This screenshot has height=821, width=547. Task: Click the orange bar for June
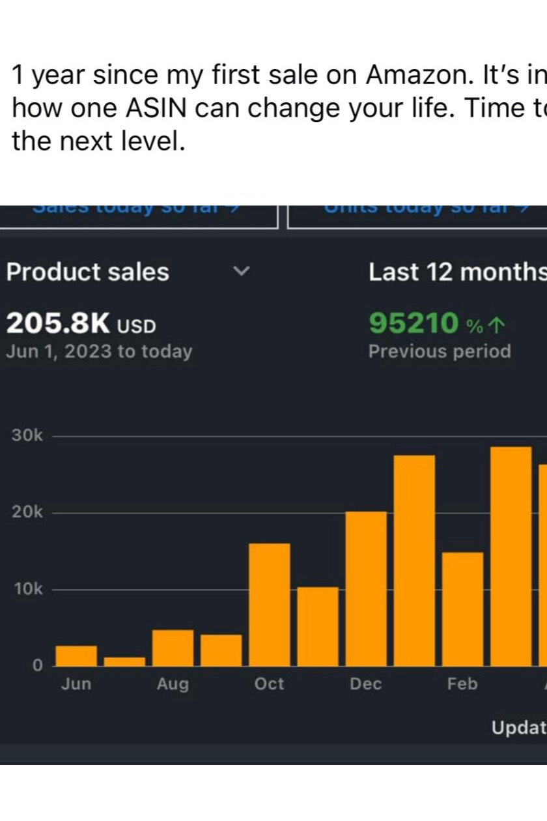point(76,656)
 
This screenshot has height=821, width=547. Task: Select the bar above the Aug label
point(173,648)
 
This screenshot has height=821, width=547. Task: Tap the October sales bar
point(270,605)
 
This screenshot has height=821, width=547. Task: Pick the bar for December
point(366,589)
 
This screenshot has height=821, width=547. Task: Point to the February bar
point(462,609)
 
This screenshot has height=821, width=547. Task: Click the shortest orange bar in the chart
point(124,661)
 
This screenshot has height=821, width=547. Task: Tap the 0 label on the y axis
point(37,666)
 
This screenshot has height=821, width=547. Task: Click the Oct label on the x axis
point(270,684)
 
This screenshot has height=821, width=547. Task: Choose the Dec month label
point(366,684)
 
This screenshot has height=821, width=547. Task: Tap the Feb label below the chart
point(462,684)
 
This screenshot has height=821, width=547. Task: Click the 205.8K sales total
point(59,323)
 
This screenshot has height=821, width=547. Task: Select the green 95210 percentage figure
point(414,323)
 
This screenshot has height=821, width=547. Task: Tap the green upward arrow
point(496,324)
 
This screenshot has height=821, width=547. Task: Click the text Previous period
point(440,352)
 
